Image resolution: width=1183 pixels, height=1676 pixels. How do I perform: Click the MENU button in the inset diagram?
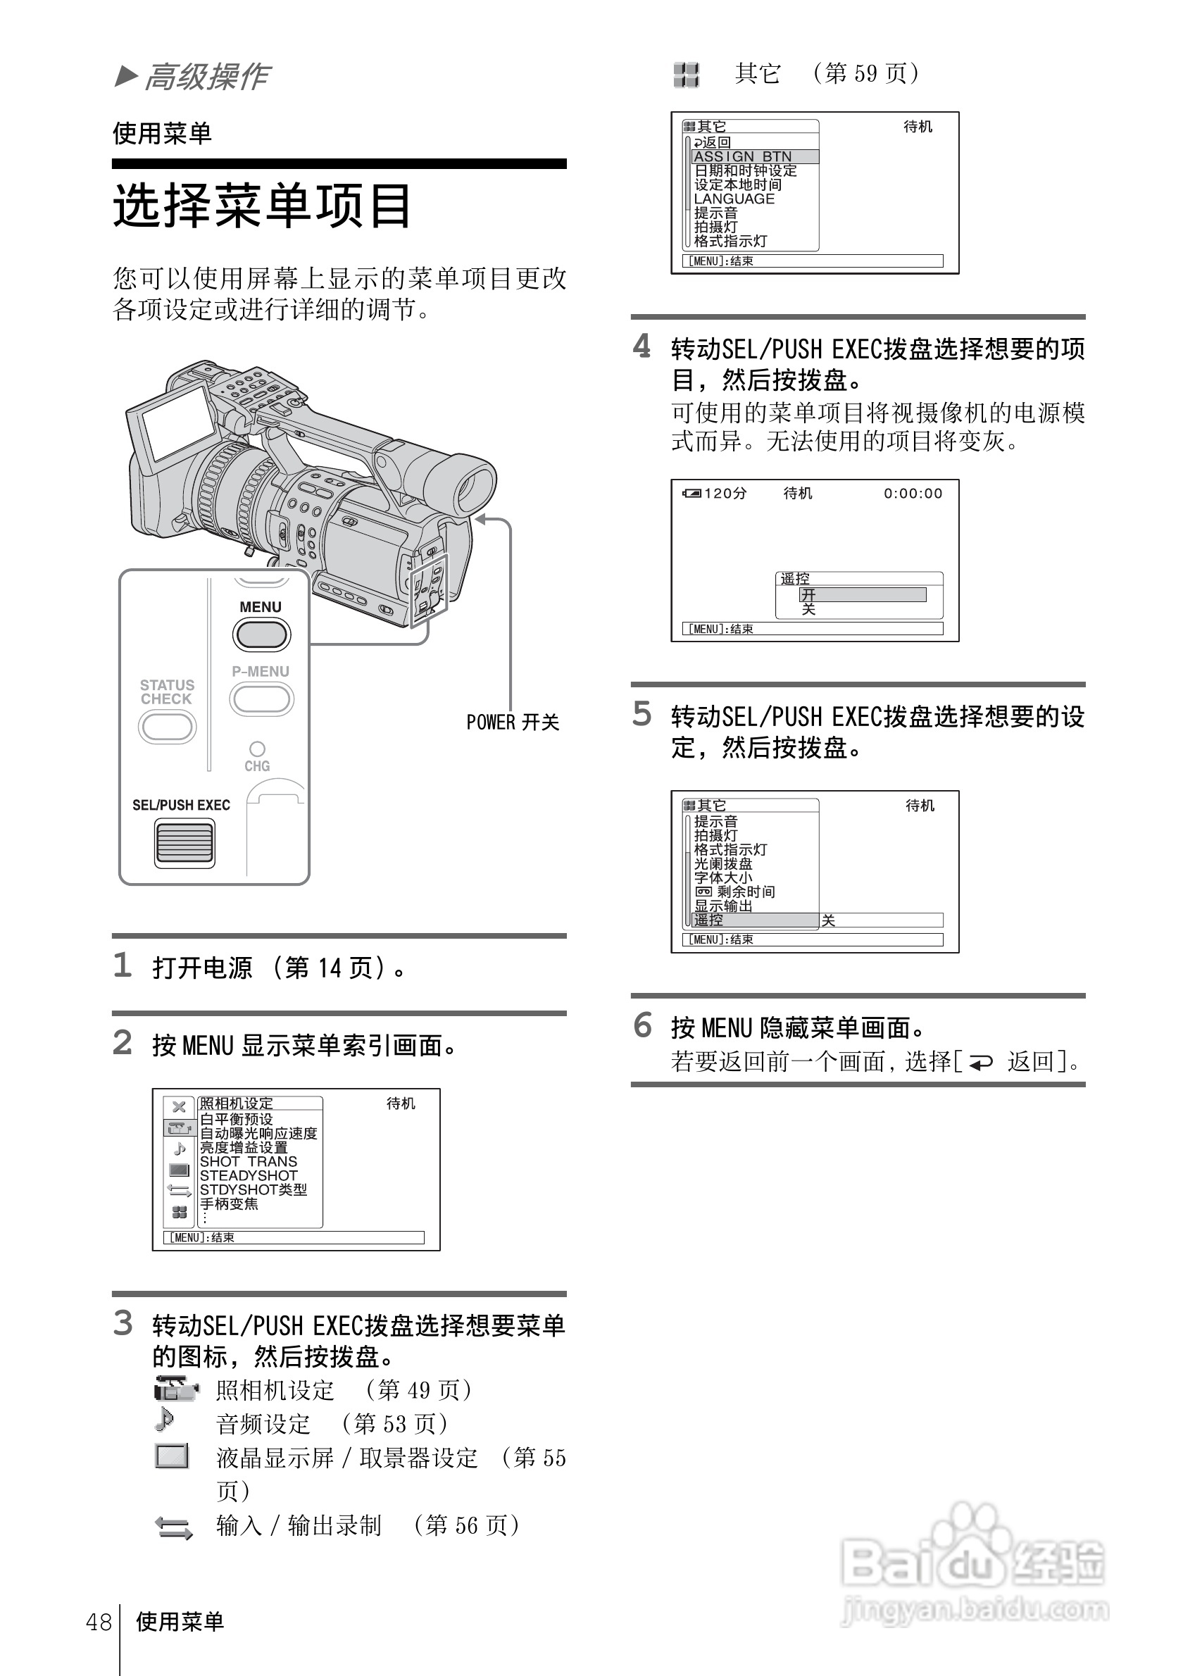(261, 634)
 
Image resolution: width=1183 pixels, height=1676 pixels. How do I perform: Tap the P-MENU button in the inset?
(261, 699)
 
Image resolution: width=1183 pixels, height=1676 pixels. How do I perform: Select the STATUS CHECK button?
(167, 727)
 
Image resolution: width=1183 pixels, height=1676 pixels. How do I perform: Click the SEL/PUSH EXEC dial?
(184, 843)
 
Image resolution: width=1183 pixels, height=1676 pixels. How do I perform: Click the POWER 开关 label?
(513, 722)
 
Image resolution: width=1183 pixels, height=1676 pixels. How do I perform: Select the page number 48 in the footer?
(99, 1622)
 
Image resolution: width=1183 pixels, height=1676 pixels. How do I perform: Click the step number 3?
(123, 1322)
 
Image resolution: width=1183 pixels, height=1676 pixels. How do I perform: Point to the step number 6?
(642, 1025)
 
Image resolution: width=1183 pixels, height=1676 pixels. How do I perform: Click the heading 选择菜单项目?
(262, 205)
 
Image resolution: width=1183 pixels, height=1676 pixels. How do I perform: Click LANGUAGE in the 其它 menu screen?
(734, 199)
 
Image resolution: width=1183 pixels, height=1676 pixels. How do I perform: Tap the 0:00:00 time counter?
(913, 494)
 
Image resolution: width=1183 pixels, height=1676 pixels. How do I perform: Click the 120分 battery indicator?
(716, 494)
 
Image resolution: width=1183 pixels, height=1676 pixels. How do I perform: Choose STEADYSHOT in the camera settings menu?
(248, 1175)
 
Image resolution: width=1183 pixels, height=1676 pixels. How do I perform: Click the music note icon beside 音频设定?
(165, 1420)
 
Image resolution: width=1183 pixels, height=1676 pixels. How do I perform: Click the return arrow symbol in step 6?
(980, 1063)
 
